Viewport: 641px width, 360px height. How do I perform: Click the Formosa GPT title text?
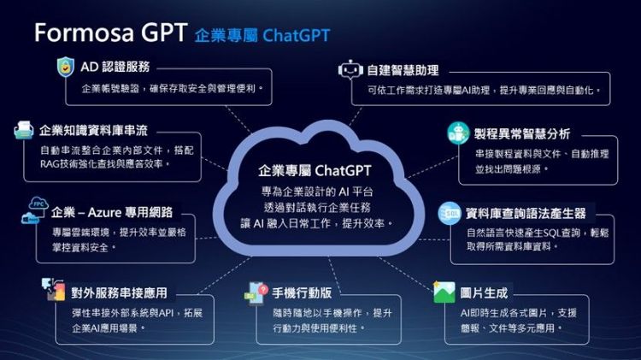coord(111,32)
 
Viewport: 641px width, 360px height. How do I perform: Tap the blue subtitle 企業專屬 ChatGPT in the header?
coord(262,36)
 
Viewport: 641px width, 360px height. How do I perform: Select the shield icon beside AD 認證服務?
coord(66,67)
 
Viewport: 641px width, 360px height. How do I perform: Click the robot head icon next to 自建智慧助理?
coord(350,69)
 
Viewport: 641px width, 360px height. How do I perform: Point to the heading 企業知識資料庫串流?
coord(94,131)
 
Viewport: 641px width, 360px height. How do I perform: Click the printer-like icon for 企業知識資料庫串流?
coord(24,130)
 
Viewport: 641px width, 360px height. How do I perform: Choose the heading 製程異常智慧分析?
coord(522,133)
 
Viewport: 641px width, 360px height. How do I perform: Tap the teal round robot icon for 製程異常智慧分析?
coord(458,133)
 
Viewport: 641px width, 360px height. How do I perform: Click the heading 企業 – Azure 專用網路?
coord(112,212)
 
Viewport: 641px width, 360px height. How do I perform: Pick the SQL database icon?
coord(450,213)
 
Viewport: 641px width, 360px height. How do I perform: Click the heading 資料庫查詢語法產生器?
coord(526,213)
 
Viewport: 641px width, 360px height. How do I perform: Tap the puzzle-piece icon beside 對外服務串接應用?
coord(54,289)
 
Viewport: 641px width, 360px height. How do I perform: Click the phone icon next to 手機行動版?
coord(256,293)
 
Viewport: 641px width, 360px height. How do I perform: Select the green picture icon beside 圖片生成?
coord(444,292)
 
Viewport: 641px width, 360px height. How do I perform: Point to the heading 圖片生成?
coord(484,293)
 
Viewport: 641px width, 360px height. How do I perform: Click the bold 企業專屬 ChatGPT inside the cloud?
coord(315,170)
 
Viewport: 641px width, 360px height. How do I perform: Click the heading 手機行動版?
coord(302,293)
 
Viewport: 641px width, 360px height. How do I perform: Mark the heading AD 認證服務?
coord(115,67)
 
